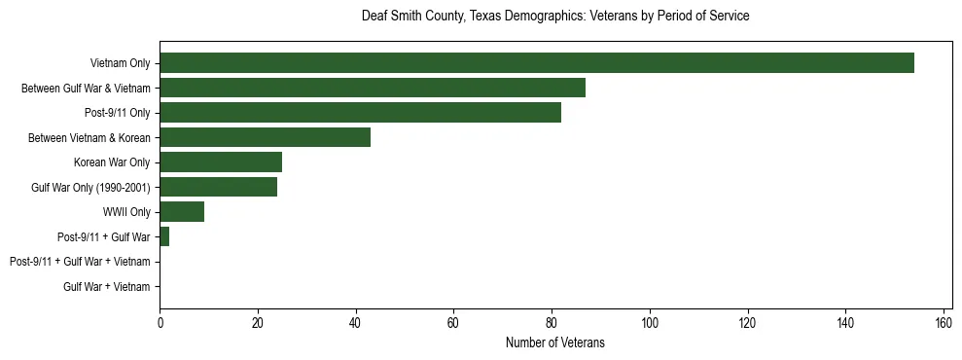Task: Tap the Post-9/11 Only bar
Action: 360,113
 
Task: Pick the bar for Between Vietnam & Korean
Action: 265,137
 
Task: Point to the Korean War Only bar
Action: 221,162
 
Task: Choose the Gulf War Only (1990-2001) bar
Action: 218,187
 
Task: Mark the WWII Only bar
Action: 182,212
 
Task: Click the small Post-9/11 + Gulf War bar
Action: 164,236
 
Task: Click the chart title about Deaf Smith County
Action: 555,17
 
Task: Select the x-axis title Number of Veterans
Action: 555,342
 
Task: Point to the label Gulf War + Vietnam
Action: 107,286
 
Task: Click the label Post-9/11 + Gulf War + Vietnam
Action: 80,262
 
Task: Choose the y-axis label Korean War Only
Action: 112,162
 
